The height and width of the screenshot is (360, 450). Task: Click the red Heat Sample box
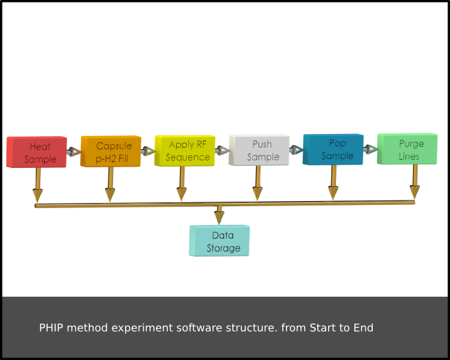pyautogui.click(x=36, y=152)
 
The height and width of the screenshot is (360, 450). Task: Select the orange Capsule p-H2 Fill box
pyautogui.click(x=111, y=151)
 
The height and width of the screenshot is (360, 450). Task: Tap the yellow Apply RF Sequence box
pyautogui.click(x=185, y=151)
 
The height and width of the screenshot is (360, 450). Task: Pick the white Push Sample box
pyautogui.click(x=259, y=150)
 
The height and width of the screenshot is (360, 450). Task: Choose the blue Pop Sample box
pyautogui.click(x=333, y=149)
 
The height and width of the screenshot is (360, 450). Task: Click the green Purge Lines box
pyautogui.click(x=407, y=149)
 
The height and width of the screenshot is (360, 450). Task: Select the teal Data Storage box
pyautogui.click(x=220, y=241)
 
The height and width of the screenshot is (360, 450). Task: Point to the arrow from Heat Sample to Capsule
pyautogui.click(x=74, y=151)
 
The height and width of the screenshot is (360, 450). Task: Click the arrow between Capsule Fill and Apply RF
pyautogui.click(x=148, y=151)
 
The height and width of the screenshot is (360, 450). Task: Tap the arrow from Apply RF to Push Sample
pyautogui.click(x=222, y=151)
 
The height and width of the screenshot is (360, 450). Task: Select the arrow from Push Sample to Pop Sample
pyautogui.click(x=296, y=149)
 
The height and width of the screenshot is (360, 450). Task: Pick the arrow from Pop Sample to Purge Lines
pyautogui.click(x=371, y=149)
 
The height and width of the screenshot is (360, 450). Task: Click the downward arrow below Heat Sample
pyautogui.click(x=38, y=185)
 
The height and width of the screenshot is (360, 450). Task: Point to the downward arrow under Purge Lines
pyautogui.click(x=415, y=182)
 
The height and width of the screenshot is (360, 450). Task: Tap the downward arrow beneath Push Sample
pyautogui.click(x=257, y=183)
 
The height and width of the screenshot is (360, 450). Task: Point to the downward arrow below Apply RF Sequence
pyautogui.click(x=181, y=184)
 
